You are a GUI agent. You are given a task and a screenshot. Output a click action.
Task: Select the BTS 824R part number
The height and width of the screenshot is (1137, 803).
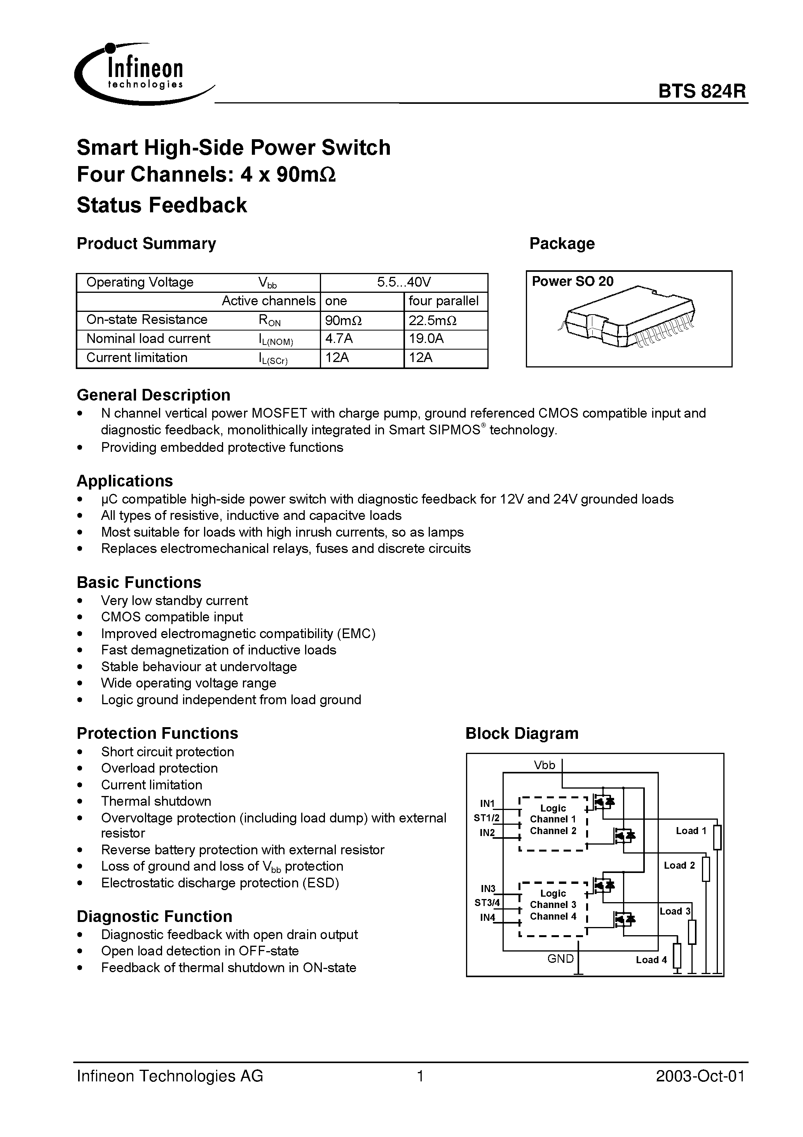[702, 92]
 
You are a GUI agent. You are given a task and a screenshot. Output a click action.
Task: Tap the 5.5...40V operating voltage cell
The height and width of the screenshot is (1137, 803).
[404, 282]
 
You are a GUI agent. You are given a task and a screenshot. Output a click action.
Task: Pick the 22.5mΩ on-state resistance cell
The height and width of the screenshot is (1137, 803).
[445, 320]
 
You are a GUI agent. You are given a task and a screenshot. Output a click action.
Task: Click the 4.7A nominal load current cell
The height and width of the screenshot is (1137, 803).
[362, 339]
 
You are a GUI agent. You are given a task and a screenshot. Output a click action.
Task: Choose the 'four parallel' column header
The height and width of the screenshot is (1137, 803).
[445, 301]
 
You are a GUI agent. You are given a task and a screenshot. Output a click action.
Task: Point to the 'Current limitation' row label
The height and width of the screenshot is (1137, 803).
[137, 357]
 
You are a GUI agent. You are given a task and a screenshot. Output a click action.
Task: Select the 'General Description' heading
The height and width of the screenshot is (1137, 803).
[154, 395]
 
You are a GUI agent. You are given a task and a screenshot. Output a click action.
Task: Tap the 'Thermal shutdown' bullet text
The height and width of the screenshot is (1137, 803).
[156, 801]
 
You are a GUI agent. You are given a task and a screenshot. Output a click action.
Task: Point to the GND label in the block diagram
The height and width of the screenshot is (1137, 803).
[560, 958]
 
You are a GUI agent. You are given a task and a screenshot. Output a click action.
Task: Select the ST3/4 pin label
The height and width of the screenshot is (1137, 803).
[487, 902]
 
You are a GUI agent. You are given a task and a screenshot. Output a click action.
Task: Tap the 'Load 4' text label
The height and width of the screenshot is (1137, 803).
[651, 960]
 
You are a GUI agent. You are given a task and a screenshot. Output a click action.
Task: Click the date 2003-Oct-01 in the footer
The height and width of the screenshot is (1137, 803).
[700, 1076]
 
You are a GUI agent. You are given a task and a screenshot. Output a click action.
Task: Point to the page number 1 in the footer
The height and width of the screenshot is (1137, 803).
[420, 1076]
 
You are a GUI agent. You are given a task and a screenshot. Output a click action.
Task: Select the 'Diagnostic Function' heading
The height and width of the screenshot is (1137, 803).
[154, 916]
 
